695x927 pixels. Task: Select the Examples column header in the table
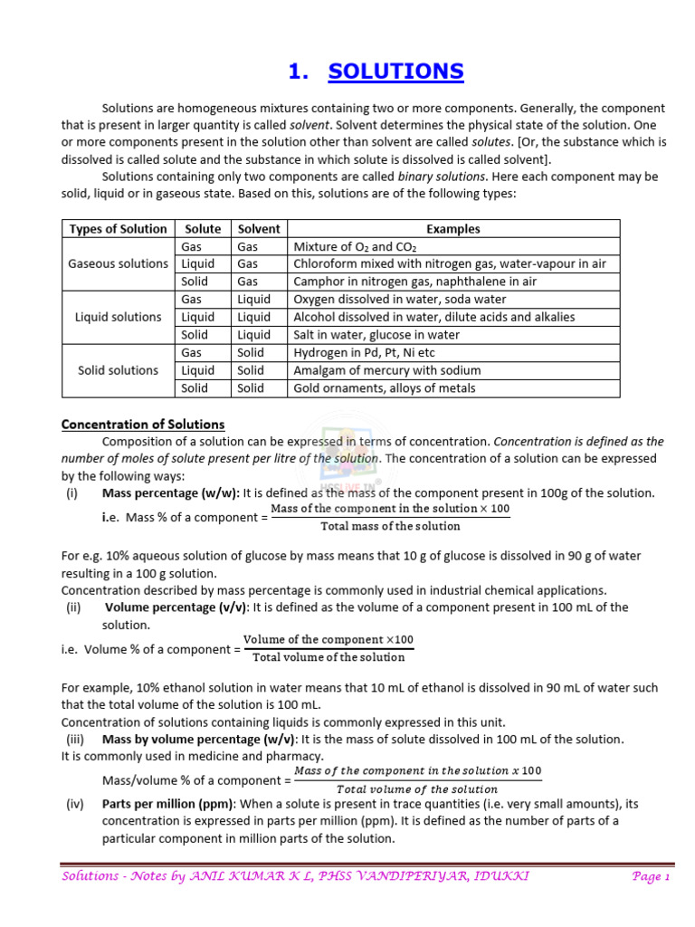pos(452,229)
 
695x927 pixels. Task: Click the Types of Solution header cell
pos(118,229)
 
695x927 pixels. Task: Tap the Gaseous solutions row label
pos(118,263)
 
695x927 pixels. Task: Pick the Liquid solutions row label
pos(118,317)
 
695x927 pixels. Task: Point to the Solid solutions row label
pos(118,370)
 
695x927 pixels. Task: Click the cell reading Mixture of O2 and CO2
pos(356,246)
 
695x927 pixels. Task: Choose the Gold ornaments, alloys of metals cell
pos(385,388)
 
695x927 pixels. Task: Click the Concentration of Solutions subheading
pos(143,425)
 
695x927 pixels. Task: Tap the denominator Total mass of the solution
pos(390,526)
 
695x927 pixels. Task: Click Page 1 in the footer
pos(650,877)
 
